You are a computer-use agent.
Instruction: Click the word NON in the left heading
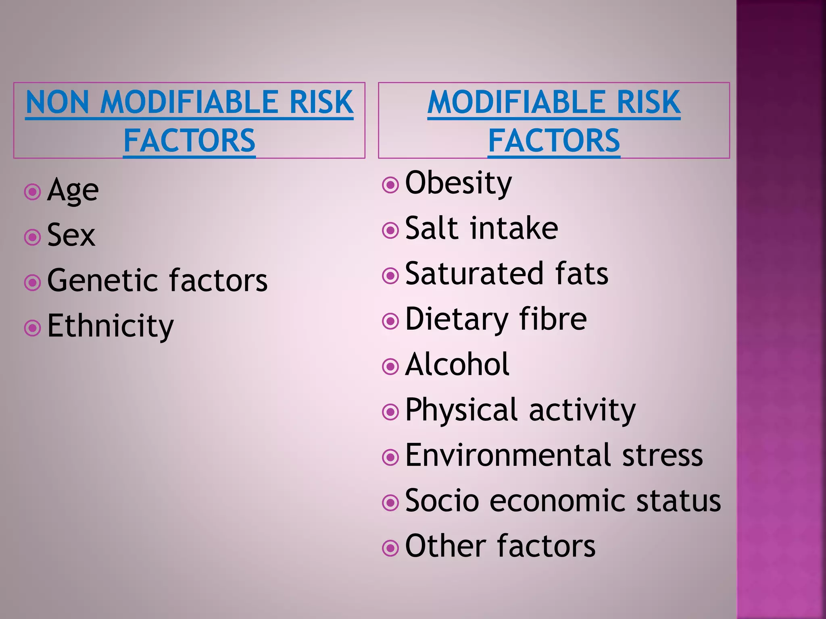pos(57,102)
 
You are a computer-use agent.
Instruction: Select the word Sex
pos(71,235)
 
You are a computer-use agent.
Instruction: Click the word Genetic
pos(104,280)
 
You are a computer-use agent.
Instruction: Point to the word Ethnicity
pos(110,326)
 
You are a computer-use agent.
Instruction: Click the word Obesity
pos(458,183)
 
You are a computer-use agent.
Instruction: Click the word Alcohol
pos(457,364)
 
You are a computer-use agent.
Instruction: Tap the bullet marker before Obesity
pos(390,185)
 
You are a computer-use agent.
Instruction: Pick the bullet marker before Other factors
pos(390,548)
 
